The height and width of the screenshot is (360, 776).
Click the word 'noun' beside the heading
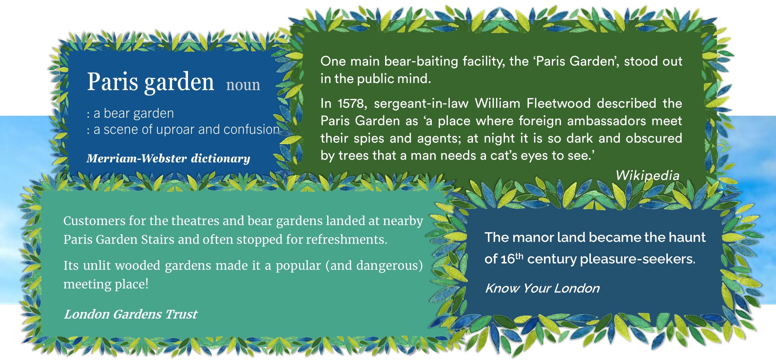[243, 85]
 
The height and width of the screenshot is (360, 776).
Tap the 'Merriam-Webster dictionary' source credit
[168, 158]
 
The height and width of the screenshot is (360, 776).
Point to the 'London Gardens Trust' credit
[131, 314]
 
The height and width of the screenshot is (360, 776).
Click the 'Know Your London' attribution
[542, 288]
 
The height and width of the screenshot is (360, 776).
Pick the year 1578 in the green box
[352, 103]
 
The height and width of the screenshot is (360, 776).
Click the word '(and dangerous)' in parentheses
[374, 266]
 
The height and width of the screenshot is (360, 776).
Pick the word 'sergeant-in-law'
[421, 104]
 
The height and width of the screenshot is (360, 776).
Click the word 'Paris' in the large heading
[113, 81]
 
